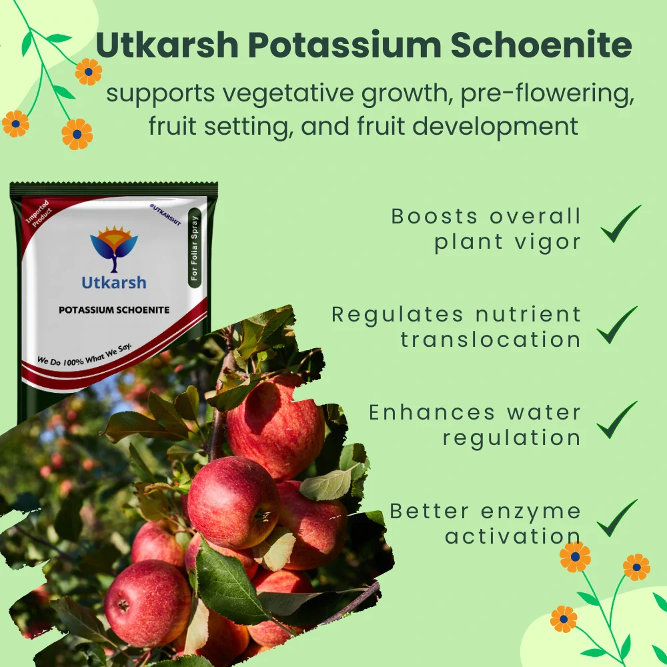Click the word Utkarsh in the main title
(167, 46)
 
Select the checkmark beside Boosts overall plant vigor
(620, 224)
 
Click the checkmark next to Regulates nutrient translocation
(617, 325)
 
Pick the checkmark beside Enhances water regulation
(617, 420)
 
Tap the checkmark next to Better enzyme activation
(617, 518)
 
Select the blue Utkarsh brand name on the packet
(113, 282)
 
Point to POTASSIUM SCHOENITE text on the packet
(114, 310)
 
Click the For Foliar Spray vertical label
(194, 247)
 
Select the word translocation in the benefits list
(490, 340)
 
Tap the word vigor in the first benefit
(547, 241)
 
